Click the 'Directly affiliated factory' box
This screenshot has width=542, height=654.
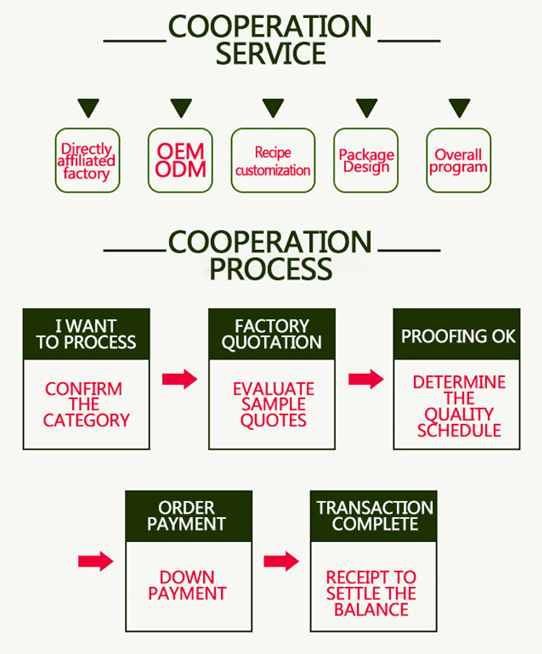pyautogui.click(x=87, y=161)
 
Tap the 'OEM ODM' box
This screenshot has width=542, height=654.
pyautogui.click(x=181, y=161)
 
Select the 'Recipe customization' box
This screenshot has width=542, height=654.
pyautogui.click(x=273, y=161)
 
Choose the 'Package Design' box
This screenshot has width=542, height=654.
pyautogui.click(x=366, y=161)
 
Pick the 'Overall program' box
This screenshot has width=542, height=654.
pyautogui.click(x=458, y=161)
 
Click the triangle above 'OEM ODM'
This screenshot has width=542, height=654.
pyautogui.click(x=181, y=108)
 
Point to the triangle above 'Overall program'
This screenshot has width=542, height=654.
pyautogui.click(x=459, y=108)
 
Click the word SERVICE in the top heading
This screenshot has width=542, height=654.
pyautogui.click(x=271, y=54)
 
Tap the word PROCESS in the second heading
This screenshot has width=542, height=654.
pyautogui.click(x=271, y=269)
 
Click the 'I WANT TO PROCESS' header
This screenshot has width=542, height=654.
pyautogui.click(x=86, y=334)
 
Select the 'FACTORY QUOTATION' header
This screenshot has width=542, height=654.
pyautogui.click(x=272, y=334)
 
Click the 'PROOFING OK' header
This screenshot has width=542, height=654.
pyautogui.click(x=458, y=336)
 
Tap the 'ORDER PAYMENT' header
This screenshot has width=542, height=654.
pyautogui.click(x=189, y=516)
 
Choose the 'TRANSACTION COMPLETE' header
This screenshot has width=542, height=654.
pyautogui.click(x=374, y=516)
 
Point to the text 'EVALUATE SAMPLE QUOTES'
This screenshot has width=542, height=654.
pyautogui.click(x=273, y=405)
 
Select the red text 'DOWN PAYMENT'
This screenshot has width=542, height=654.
pyautogui.click(x=187, y=585)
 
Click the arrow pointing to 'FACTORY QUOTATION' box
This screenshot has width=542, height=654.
pyautogui.click(x=179, y=379)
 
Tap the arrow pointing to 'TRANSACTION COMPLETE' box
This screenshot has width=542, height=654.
pyautogui.click(x=281, y=561)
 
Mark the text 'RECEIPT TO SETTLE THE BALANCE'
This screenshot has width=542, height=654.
pyautogui.click(x=371, y=593)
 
